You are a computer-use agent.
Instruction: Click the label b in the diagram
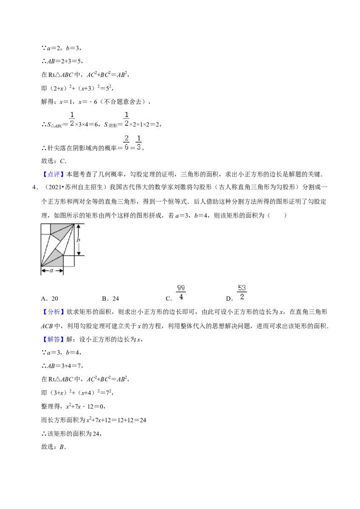(x=78, y=240)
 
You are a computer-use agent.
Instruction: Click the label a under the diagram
(x=51, y=270)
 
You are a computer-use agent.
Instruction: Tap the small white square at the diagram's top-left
(x=46, y=228)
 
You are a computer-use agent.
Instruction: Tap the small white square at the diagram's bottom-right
(x=68, y=261)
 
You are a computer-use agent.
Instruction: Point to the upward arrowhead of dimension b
(x=78, y=227)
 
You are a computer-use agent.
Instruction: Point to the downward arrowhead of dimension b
(x=78, y=253)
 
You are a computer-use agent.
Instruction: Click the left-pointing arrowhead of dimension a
(x=44, y=270)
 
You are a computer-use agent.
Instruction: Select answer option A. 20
(x=49, y=299)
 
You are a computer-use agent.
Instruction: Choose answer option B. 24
(x=110, y=299)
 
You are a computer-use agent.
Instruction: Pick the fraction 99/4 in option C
(x=181, y=292)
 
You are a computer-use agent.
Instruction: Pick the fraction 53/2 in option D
(x=242, y=292)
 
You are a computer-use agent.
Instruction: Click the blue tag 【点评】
(x=54, y=174)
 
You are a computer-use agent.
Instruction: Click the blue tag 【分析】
(x=54, y=312)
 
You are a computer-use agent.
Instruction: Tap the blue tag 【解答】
(x=54, y=339)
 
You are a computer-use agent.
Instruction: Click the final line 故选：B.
(x=54, y=447)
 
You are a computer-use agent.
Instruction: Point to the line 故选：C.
(x=54, y=161)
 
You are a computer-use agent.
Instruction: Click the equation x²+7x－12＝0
(x=86, y=406)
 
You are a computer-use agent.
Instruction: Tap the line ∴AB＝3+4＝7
(x=63, y=366)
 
